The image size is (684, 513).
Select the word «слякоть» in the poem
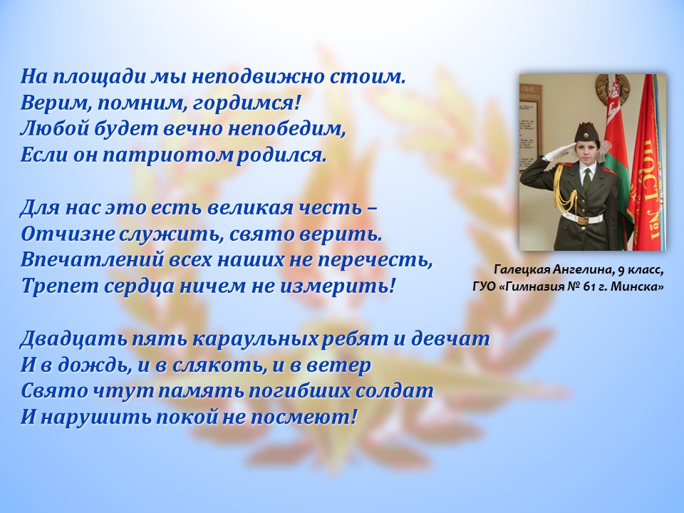pos(219,366)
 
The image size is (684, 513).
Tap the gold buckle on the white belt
pos(584,219)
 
